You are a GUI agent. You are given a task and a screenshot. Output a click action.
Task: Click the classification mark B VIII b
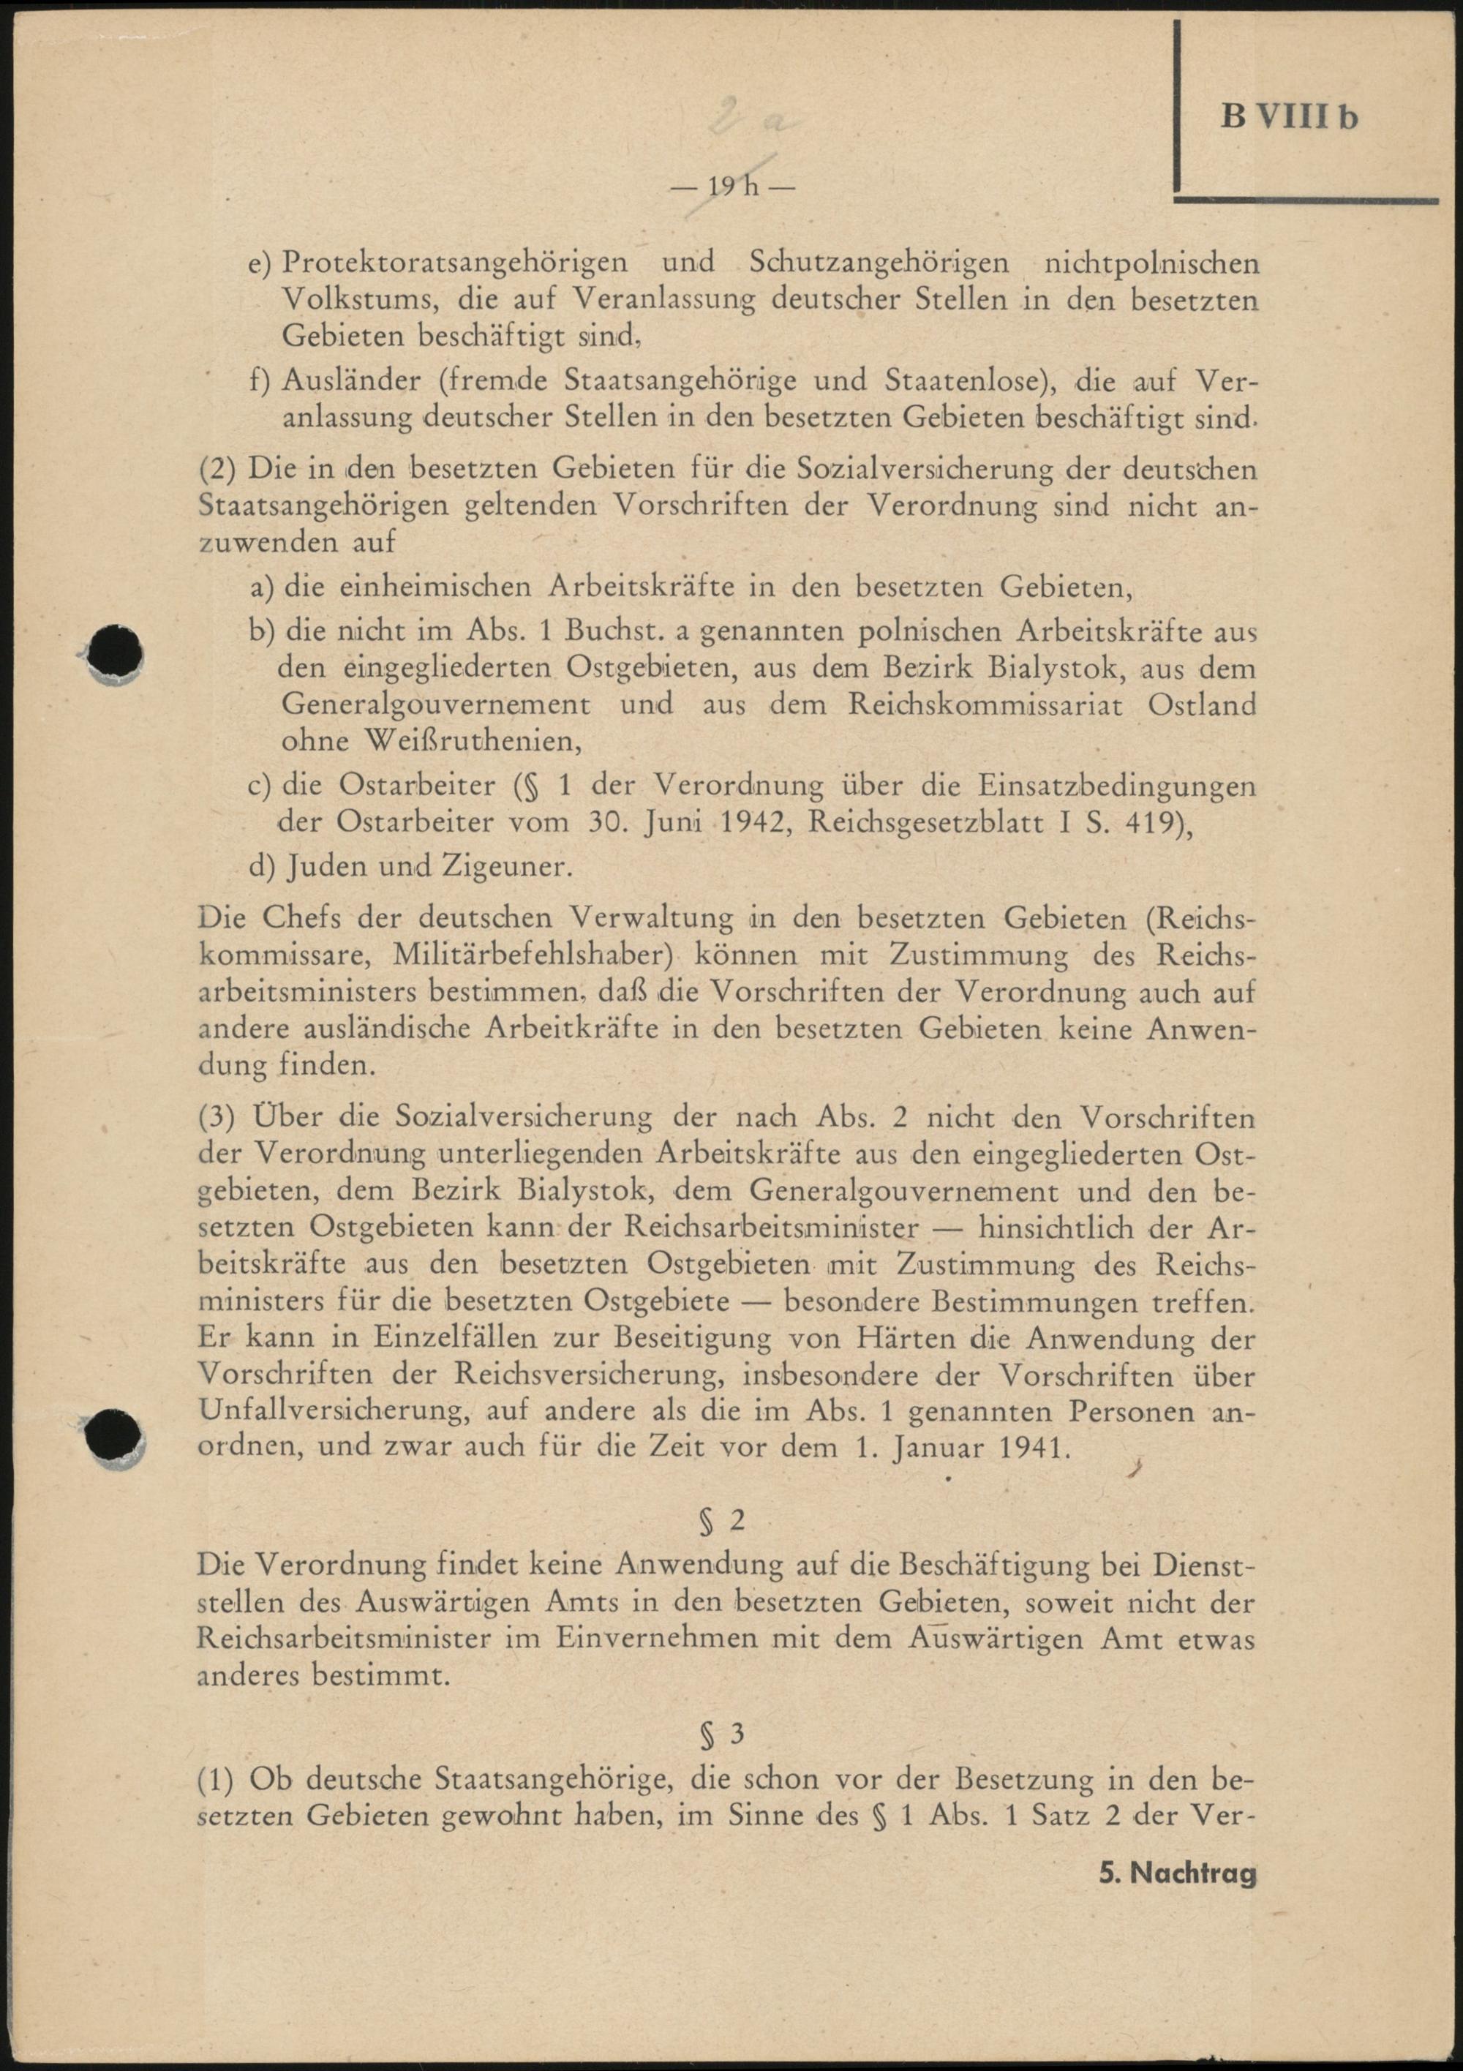[x=1289, y=117]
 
